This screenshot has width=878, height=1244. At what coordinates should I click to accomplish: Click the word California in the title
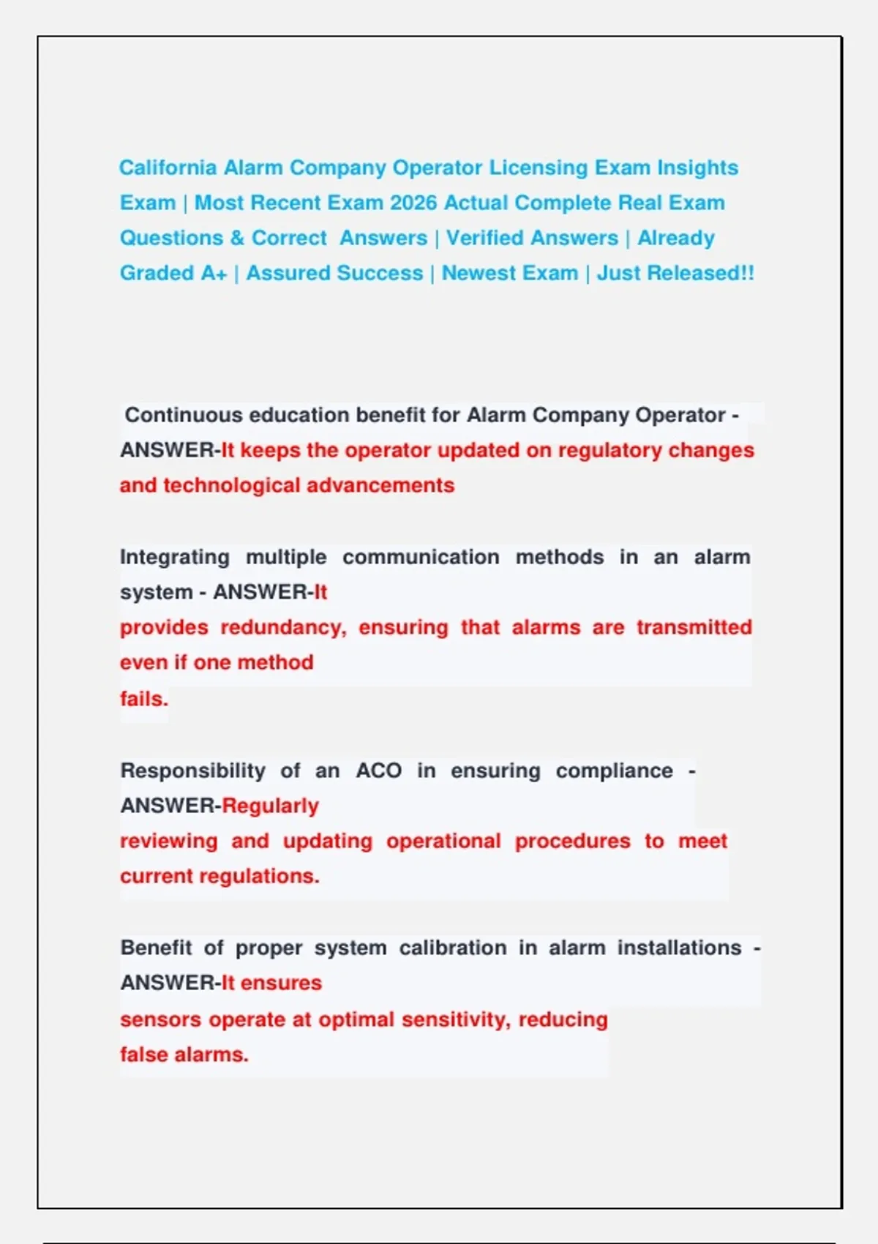click(168, 168)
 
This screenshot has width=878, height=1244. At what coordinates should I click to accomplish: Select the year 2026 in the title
click(413, 203)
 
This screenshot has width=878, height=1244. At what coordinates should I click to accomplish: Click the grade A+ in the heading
click(213, 273)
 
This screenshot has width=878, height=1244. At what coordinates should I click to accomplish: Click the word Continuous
click(184, 415)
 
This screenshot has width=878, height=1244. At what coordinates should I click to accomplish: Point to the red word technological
click(231, 485)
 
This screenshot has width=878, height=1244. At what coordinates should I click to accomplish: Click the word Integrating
click(174, 557)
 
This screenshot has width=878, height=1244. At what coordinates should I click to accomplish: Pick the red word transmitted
click(694, 627)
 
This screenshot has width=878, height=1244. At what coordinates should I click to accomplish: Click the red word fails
click(143, 699)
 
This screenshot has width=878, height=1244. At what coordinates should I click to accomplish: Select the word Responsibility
click(192, 771)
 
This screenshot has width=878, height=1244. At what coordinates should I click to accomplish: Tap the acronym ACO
click(378, 771)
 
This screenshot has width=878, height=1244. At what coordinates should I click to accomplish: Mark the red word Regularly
click(270, 806)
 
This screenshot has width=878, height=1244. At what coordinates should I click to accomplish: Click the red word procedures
click(572, 841)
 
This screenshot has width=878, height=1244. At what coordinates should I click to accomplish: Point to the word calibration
click(452, 948)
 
